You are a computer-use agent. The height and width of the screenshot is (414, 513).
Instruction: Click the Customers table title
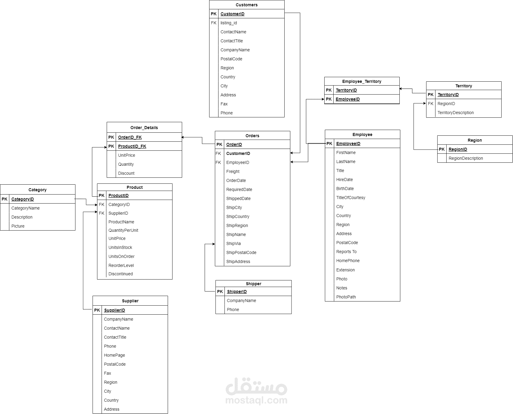point(246,5)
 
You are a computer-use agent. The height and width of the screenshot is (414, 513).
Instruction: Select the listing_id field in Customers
point(229,23)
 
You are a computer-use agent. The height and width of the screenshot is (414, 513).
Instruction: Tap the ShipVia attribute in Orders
point(234,243)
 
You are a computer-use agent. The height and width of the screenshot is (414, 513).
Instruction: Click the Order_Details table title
point(144,128)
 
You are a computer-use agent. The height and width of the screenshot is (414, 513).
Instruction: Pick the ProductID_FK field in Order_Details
point(132,146)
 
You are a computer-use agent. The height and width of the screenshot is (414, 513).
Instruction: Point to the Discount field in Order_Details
point(126,173)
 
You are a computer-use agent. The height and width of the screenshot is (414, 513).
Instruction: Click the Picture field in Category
point(18,226)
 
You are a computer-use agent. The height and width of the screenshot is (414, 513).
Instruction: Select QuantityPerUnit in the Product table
point(123,230)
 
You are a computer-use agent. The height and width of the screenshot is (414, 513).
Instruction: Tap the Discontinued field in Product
point(121,274)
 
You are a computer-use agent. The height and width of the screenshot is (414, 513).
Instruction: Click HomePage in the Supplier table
point(115,355)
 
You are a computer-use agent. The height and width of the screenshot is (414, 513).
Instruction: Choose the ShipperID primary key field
point(237,292)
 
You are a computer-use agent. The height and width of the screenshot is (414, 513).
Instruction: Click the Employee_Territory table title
point(362,81)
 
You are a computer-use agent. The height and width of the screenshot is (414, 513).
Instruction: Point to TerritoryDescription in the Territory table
point(456,113)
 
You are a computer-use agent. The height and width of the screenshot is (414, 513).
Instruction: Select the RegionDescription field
point(466,158)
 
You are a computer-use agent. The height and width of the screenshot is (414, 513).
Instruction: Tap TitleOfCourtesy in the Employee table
point(351,198)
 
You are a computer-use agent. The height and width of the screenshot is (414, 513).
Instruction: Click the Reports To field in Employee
point(347,252)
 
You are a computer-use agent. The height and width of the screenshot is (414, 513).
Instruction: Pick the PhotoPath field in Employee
point(346,297)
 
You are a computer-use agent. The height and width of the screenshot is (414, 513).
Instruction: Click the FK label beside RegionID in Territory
point(431,104)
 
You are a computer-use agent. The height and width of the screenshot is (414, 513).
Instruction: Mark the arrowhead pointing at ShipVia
point(214,244)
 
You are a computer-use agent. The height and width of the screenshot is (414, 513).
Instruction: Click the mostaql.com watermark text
point(256,400)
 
